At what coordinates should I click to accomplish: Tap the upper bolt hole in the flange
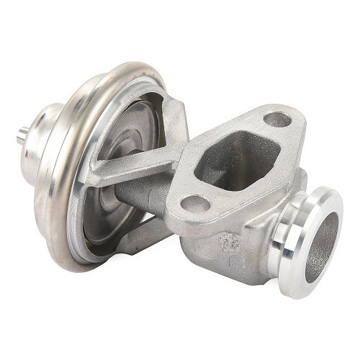pyautogui.click(x=276, y=120)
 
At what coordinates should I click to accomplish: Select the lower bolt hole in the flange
pyautogui.click(x=195, y=204)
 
